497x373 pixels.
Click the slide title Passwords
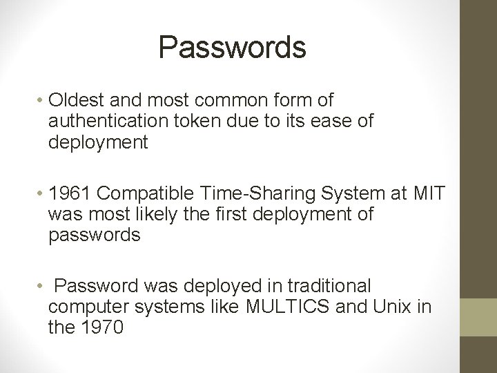click(x=232, y=47)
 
